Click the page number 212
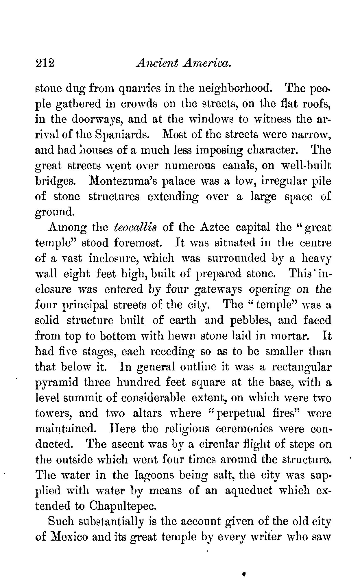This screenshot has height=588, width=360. click(45, 63)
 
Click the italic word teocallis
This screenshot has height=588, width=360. click(135, 227)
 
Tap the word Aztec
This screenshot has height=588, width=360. click(214, 227)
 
